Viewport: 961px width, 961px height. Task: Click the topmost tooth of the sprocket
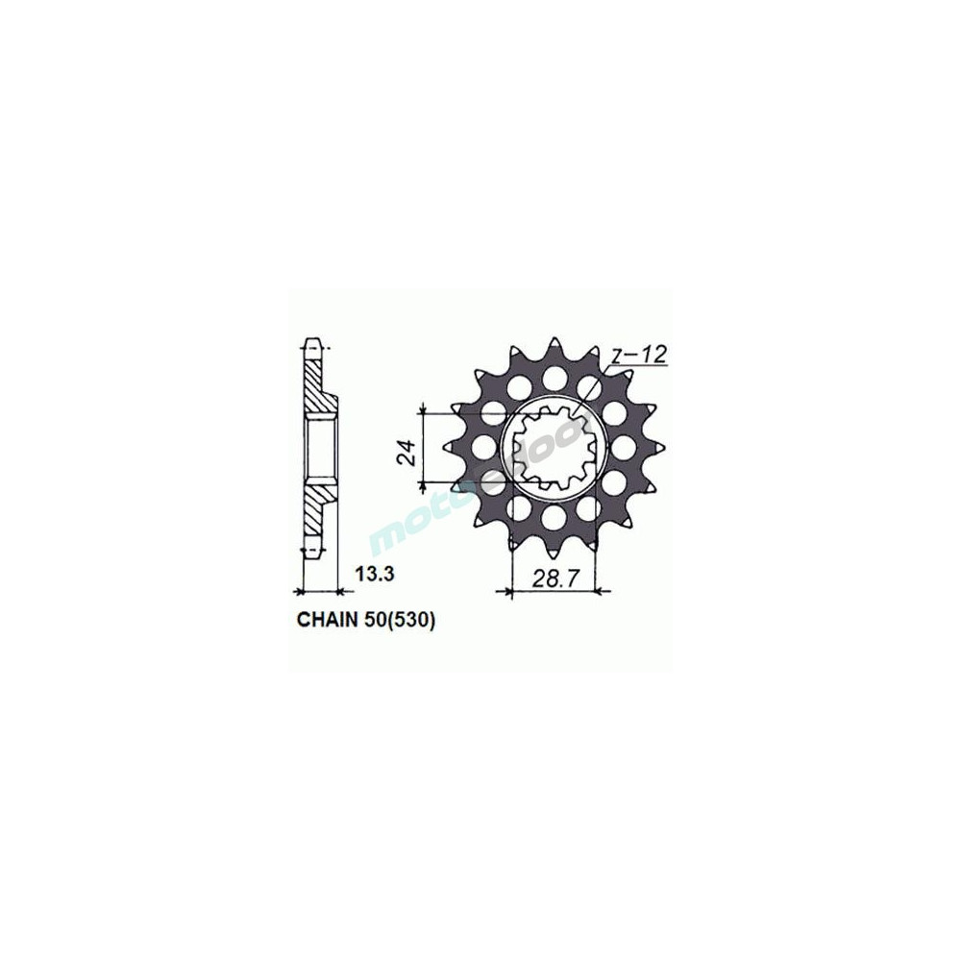pyautogui.click(x=554, y=344)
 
